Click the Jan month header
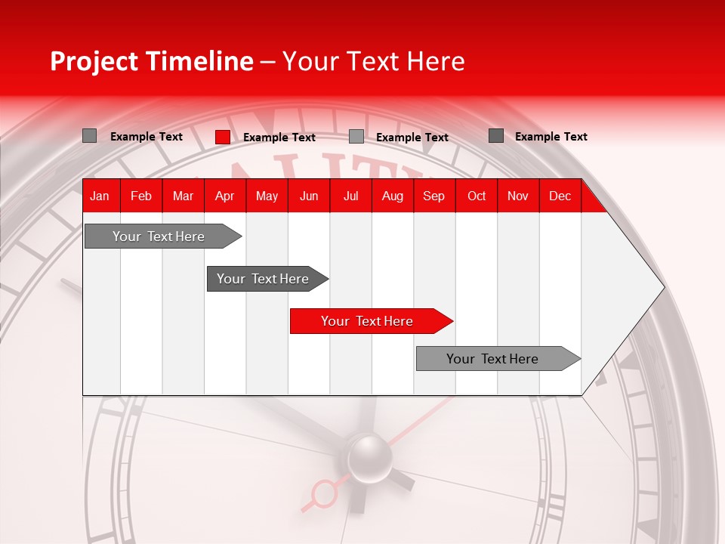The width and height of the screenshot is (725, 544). click(x=100, y=196)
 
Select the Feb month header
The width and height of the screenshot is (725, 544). click(x=141, y=196)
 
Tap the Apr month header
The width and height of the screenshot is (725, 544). click(x=224, y=196)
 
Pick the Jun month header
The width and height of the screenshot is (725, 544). click(x=309, y=196)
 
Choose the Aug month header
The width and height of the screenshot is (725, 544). click(x=392, y=196)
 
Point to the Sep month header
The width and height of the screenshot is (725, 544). click(x=433, y=196)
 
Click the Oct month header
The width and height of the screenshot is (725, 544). click(x=477, y=196)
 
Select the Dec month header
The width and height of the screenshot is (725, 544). click(x=560, y=196)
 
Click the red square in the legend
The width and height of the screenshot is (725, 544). click(x=223, y=137)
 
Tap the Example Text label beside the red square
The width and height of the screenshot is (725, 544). click(x=279, y=138)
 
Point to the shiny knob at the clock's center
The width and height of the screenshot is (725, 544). click(x=369, y=456)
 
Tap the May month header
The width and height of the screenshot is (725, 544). click(x=267, y=196)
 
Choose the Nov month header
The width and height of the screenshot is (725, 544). click(x=517, y=196)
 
